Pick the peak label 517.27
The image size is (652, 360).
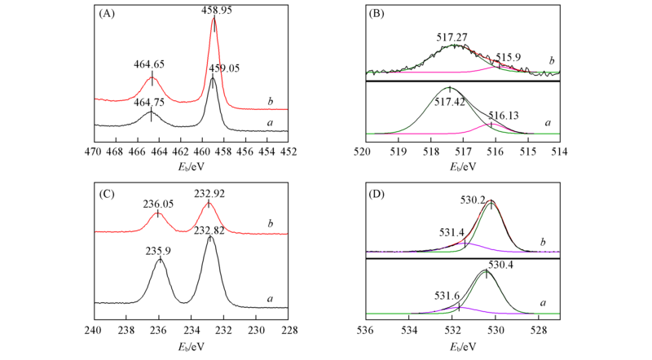point(452,37)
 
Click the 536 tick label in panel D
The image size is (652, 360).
point(366,330)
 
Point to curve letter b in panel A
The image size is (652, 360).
point(270,101)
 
